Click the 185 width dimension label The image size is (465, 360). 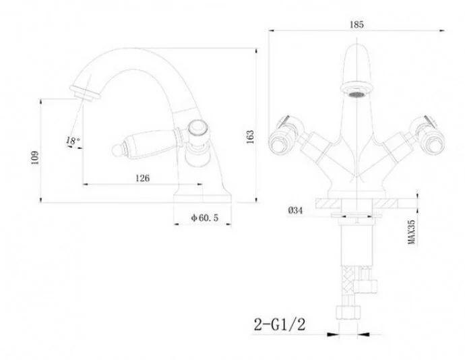tap(356, 24)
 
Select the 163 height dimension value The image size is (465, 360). tap(250, 137)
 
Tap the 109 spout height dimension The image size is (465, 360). tap(34, 157)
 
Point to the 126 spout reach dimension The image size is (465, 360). tap(143, 178)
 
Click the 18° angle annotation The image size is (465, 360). tap(73, 140)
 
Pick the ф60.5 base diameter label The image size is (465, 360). tap(205, 218)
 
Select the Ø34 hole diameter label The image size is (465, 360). tap(295, 210)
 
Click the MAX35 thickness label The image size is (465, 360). tap(411, 233)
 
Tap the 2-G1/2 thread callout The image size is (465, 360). tap(280, 324)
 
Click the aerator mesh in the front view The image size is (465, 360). tap(356, 94)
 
